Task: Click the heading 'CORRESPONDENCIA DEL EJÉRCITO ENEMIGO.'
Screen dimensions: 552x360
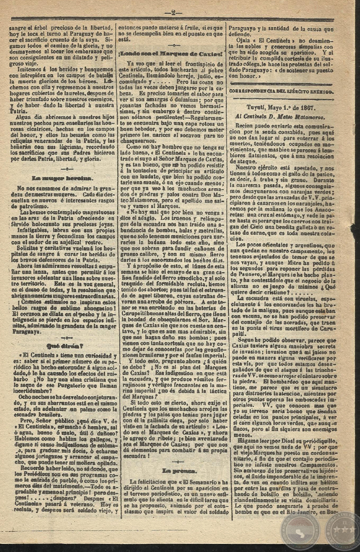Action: tap(281, 90)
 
